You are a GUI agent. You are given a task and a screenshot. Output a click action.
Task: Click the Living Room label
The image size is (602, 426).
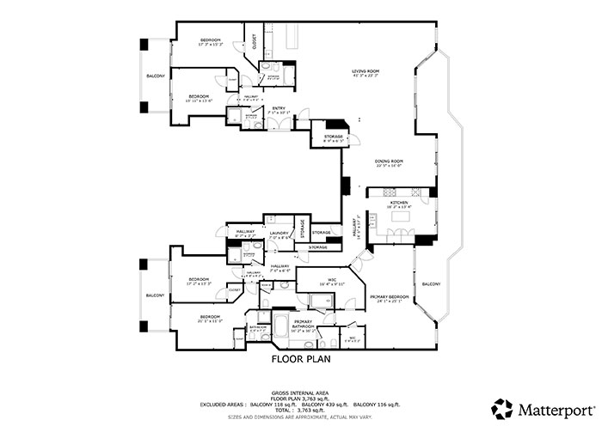coord(365,71)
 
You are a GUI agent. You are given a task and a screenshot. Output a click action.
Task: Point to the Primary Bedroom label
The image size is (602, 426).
coord(390,297)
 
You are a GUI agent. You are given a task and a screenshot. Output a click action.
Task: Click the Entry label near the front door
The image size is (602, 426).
coord(277,107)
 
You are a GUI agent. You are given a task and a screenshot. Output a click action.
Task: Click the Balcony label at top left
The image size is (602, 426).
coord(155,76)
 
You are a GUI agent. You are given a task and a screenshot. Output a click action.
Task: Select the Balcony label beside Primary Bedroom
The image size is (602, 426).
coord(430,283)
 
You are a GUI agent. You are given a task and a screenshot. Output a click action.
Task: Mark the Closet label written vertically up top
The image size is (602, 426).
coord(255,41)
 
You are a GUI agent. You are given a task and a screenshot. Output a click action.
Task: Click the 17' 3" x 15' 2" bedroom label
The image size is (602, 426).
coord(211,40)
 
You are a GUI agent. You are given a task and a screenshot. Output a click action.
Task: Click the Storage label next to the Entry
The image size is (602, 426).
coord(334,137)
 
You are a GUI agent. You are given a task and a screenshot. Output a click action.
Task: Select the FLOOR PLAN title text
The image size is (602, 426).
coord(301,360)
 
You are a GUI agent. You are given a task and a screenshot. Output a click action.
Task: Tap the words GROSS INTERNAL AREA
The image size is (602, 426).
coord(300,389)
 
